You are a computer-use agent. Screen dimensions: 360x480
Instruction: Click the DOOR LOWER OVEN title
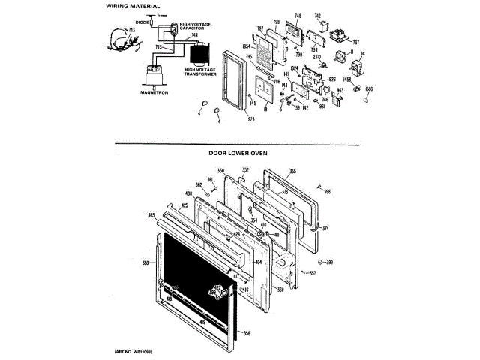(238, 153)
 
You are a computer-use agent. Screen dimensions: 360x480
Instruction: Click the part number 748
(298, 16)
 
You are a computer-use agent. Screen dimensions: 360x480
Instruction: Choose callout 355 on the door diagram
(292, 171)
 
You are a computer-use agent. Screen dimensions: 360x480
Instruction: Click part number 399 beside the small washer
(328, 262)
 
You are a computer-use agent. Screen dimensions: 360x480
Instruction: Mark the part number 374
(325, 227)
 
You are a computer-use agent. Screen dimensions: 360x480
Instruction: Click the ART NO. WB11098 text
(133, 351)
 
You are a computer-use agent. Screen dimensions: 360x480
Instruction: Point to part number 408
(167, 194)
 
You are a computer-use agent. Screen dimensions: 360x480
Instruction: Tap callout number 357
(313, 272)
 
